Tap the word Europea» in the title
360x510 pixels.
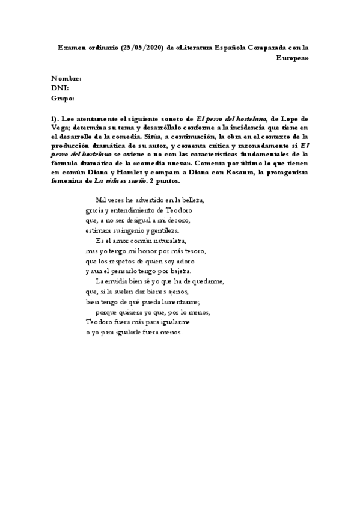[x=293, y=58]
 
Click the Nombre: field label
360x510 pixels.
[x=67, y=79]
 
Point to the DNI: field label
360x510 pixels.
[x=60, y=88]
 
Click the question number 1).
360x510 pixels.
[x=56, y=119]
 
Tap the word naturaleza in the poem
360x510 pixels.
[x=177, y=241]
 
